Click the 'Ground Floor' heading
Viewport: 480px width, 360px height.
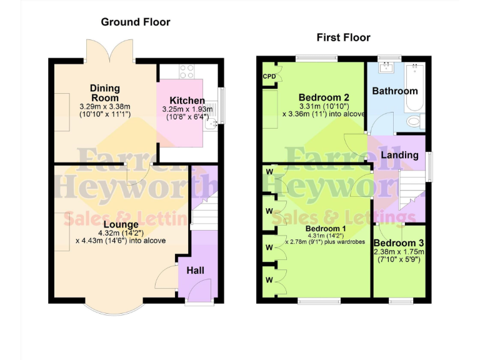point(136,22)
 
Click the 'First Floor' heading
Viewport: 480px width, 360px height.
point(343,37)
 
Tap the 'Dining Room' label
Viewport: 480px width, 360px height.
point(104,93)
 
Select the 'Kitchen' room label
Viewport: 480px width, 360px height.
point(187,101)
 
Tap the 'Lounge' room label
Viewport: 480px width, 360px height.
point(121,224)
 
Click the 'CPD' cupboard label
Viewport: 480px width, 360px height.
point(269,77)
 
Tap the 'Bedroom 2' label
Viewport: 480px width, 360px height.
point(323,97)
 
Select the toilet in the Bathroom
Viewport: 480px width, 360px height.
point(415,121)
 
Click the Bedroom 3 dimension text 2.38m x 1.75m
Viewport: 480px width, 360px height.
point(399,252)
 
